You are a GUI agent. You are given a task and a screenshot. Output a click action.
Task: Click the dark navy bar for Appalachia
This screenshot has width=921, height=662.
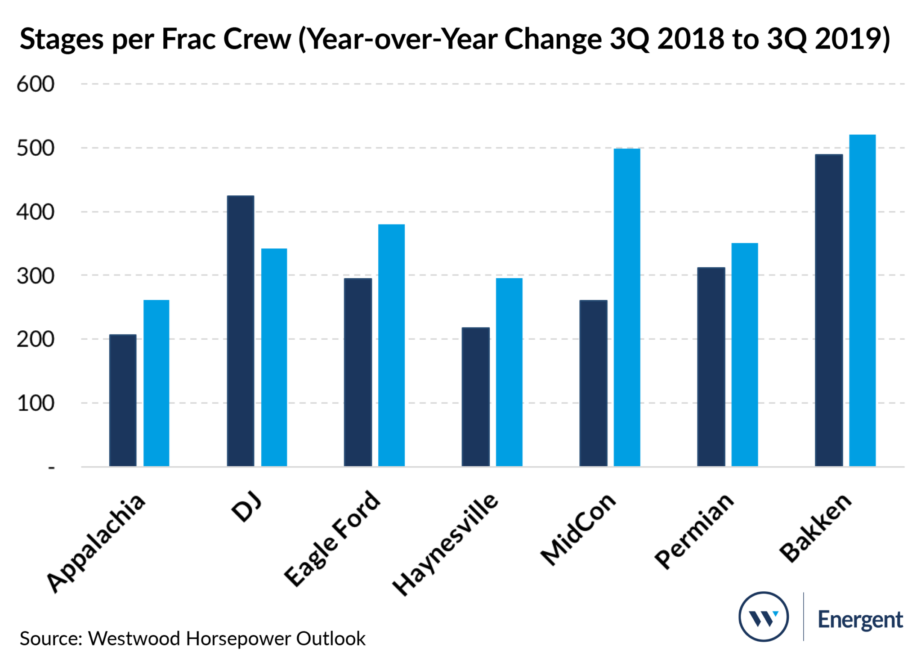(123, 400)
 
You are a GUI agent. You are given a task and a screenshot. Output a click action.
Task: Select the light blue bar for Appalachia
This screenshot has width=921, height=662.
(156, 383)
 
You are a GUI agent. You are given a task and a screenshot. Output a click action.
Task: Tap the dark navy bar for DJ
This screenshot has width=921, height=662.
(241, 331)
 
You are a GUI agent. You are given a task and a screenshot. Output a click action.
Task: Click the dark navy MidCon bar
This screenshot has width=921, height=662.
(593, 383)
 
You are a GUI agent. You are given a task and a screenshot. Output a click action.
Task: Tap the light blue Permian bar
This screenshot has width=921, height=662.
(744, 355)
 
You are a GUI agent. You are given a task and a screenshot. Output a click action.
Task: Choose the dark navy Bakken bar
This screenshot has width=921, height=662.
(829, 310)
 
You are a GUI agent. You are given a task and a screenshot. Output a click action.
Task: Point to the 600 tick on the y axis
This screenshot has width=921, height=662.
(36, 84)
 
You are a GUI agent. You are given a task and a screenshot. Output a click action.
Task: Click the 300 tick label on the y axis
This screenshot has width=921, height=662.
(36, 276)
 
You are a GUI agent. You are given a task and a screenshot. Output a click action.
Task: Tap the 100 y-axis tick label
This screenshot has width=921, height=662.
(36, 404)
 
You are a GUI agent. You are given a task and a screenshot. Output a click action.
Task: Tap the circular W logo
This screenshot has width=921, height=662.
(763, 616)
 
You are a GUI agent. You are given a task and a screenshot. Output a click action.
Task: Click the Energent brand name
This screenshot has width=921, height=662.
(860, 620)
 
